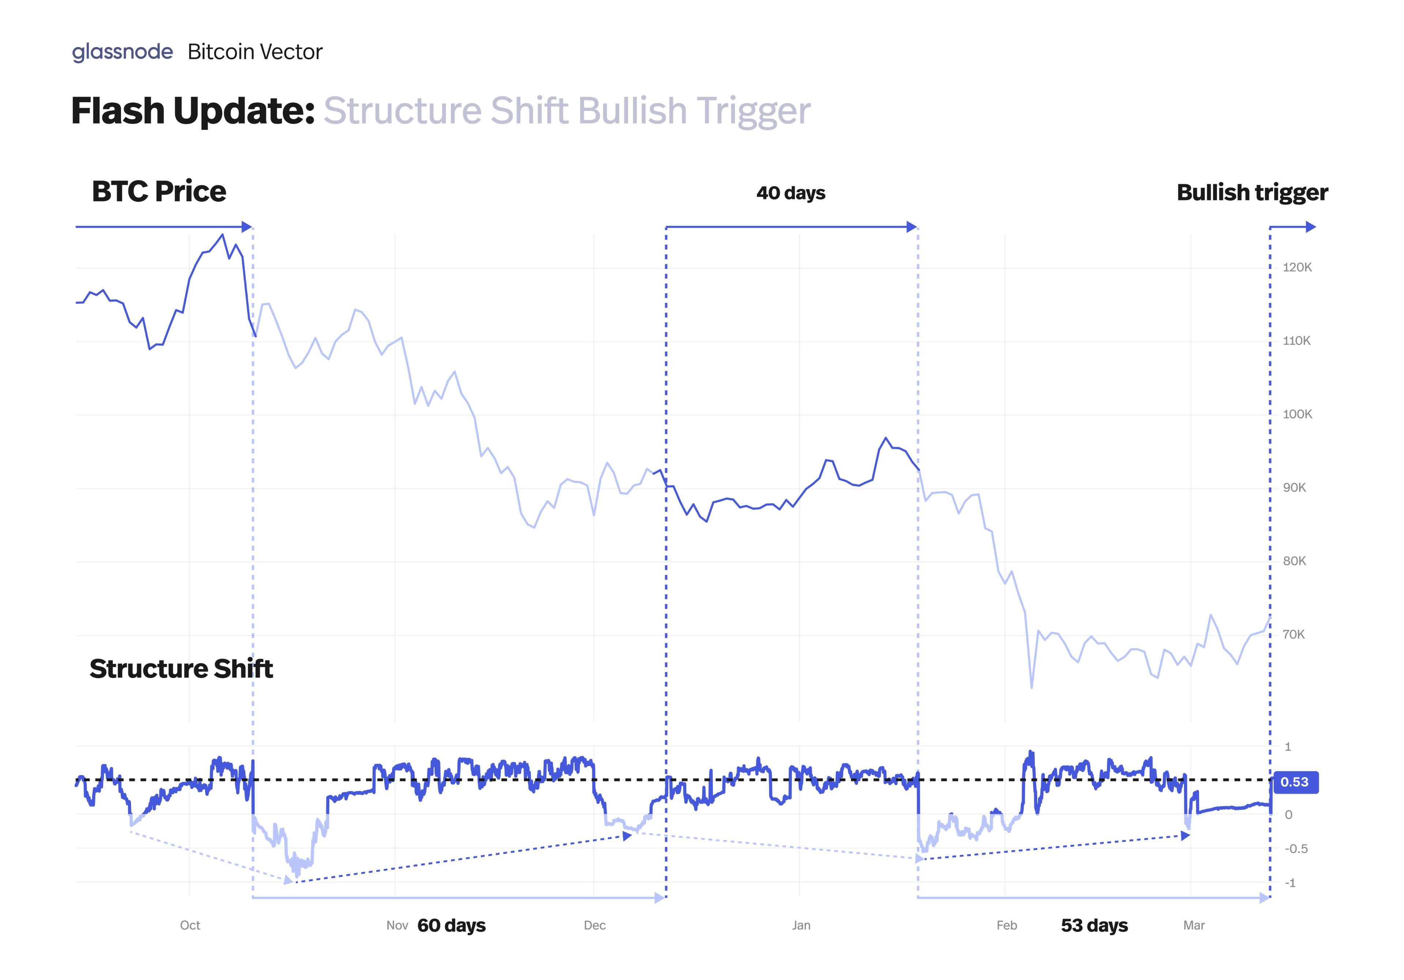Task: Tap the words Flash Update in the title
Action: click(x=193, y=111)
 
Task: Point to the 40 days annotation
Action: click(x=791, y=193)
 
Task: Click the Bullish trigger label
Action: click(x=1252, y=193)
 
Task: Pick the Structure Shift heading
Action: click(x=181, y=669)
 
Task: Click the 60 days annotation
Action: click(x=451, y=926)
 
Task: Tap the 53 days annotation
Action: click(x=1094, y=926)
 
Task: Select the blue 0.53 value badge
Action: click(x=1295, y=782)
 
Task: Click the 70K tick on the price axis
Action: click(x=1294, y=635)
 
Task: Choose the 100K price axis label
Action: click(x=1297, y=415)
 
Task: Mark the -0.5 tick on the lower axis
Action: click(x=1296, y=849)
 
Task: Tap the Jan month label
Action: click(x=801, y=926)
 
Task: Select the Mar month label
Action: click(x=1194, y=926)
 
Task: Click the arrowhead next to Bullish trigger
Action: click(x=1310, y=227)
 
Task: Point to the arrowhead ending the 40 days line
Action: click(x=912, y=227)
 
